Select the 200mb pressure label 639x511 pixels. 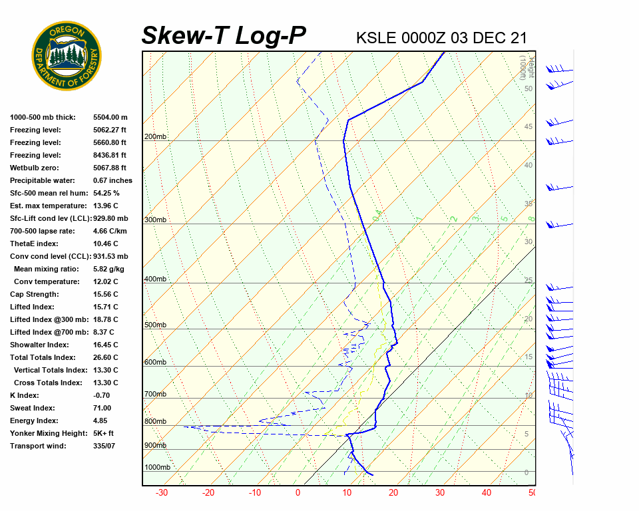[x=155, y=137]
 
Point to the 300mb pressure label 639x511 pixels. [x=155, y=220]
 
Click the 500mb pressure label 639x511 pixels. [x=155, y=325]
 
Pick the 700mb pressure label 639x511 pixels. [x=155, y=394]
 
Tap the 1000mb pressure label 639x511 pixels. [x=157, y=467]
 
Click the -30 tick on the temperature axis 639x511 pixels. [x=162, y=493]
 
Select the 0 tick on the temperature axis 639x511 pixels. [x=298, y=493]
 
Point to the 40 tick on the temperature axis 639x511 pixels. [x=487, y=493]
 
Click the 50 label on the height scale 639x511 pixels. [x=528, y=88]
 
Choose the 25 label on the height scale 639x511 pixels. [x=529, y=280]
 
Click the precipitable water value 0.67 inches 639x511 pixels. [x=112, y=180]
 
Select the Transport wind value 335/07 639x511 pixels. [x=105, y=446]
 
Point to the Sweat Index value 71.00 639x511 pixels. [x=103, y=408]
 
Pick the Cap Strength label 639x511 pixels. [x=35, y=294]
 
